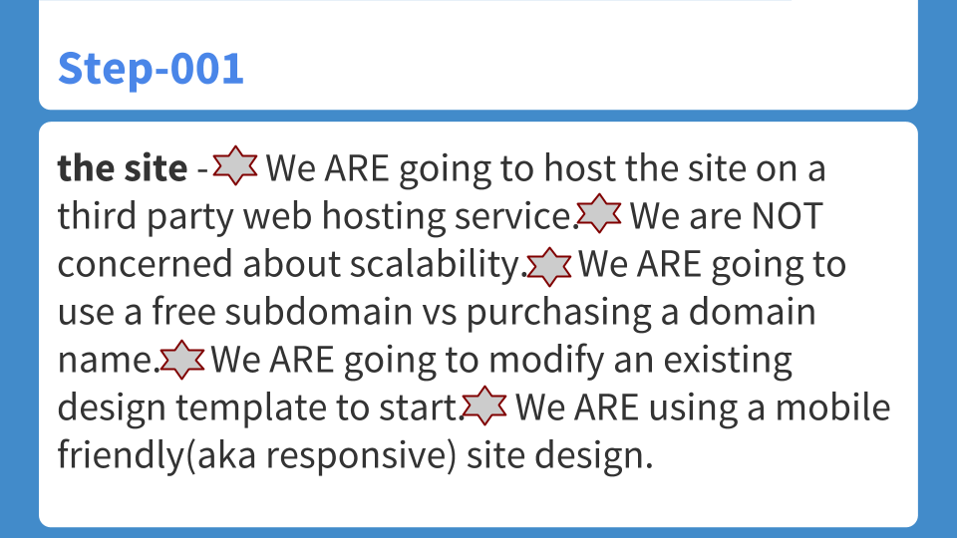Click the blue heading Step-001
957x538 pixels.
(x=151, y=69)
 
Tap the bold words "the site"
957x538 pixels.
(x=122, y=168)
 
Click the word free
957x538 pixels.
(x=184, y=312)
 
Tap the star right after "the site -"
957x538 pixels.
(x=235, y=166)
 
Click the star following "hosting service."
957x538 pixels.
(x=599, y=214)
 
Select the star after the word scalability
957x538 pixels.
(x=548, y=264)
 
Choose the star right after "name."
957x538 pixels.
(x=182, y=360)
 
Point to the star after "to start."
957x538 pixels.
(x=485, y=405)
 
